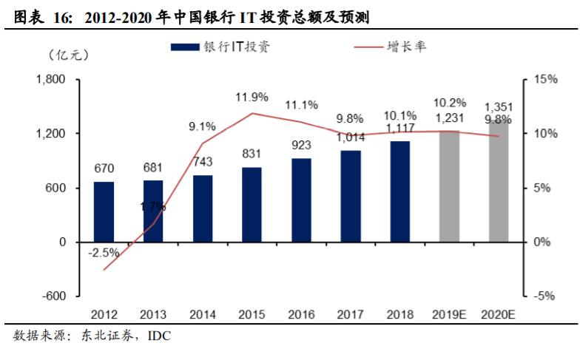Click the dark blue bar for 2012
[x=104, y=211]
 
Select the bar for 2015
[x=252, y=204]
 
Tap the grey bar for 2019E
[x=449, y=186]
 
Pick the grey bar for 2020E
[x=499, y=181]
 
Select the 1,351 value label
[x=499, y=106]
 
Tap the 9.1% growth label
[x=202, y=126]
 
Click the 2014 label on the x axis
[x=202, y=314]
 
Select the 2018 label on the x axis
[x=399, y=314]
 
